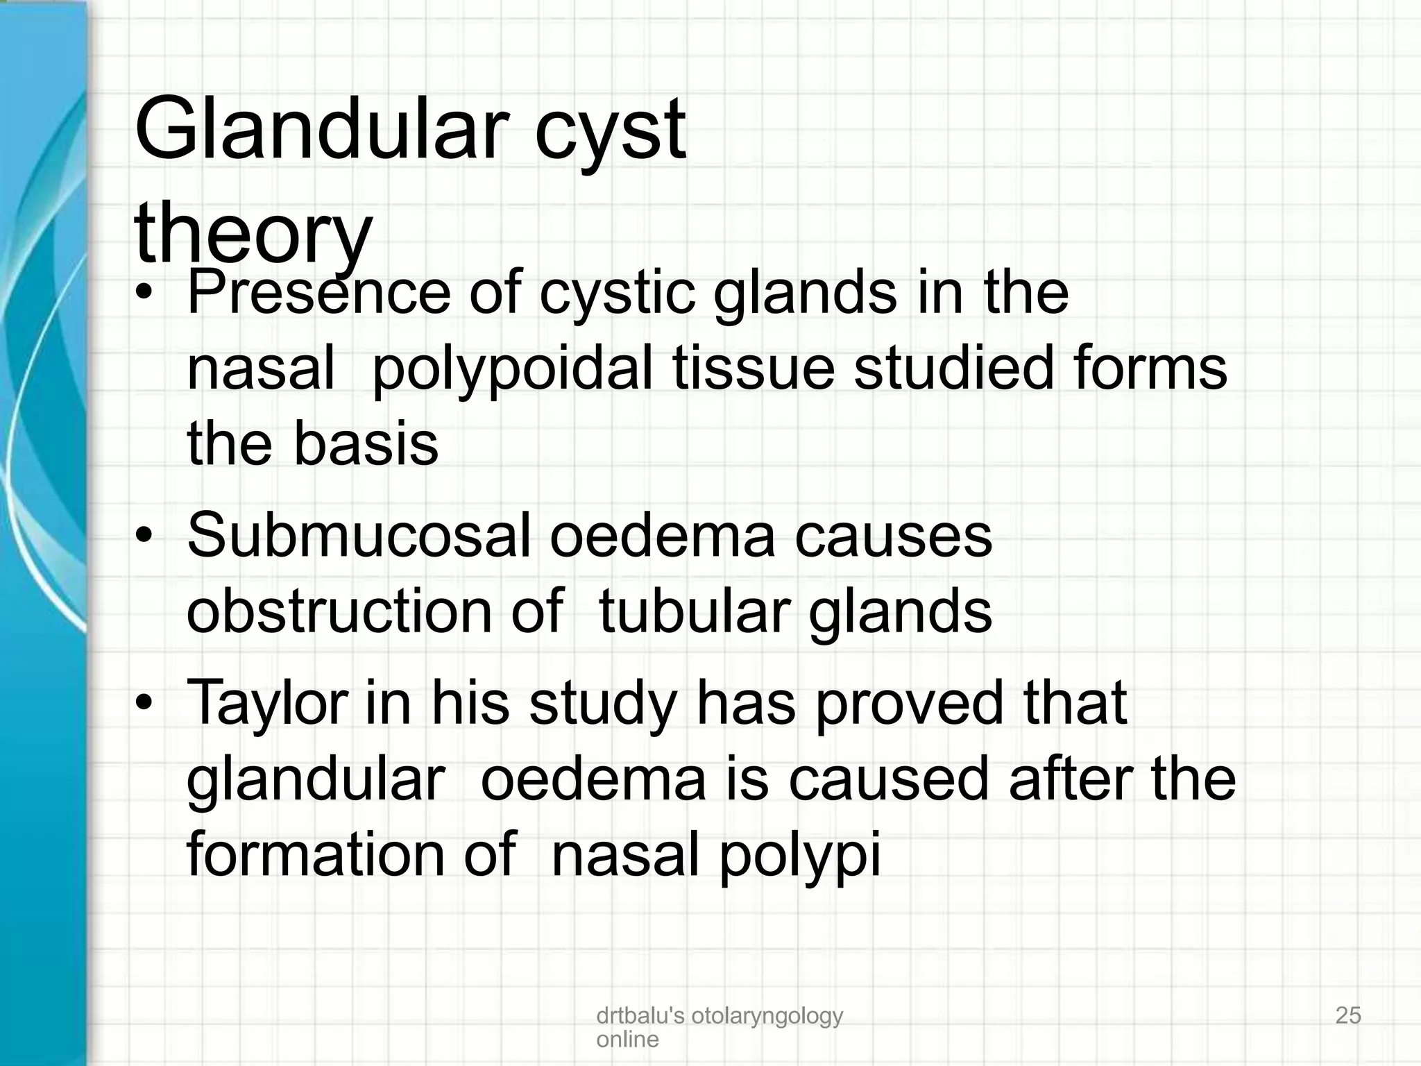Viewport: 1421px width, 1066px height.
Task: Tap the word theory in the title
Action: click(x=253, y=232)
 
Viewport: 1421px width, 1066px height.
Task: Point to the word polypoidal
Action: click(x=512, y=369)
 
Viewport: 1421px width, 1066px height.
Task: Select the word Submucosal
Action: click(x=359, y=536)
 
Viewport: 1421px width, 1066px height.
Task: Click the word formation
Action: click(x=316, y=855)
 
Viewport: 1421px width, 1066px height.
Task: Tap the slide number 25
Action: click(x=1348, y=1015)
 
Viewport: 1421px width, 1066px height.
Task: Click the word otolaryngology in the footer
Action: click(x=767, y=1016)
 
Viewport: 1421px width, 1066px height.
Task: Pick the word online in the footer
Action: click(x=627, y=1039)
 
